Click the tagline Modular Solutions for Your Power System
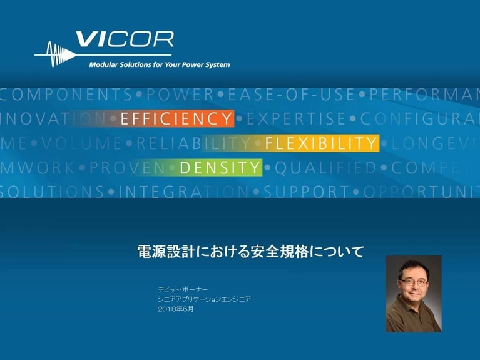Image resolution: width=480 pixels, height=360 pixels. point(159,64)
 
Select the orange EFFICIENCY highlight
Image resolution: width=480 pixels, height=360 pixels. point(176,118)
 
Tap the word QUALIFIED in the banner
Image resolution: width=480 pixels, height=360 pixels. point(325,168)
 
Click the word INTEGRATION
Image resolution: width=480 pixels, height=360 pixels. point(183,192)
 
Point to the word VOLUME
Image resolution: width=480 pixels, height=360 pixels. point(82,143)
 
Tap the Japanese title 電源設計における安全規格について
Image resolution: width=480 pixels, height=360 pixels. point(250,252)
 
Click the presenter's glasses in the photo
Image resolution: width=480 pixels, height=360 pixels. point(413,282)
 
